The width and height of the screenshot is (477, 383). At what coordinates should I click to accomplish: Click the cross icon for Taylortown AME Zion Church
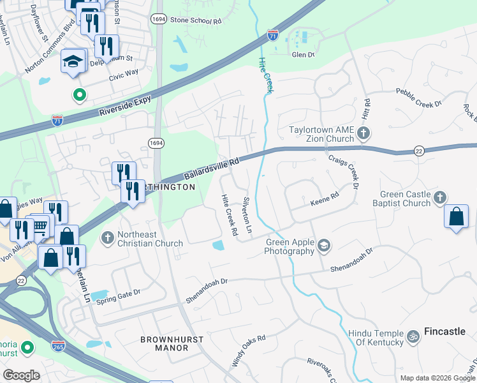tap(363, 133)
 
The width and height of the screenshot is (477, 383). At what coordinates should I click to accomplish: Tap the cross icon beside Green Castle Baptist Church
tap(439, 199)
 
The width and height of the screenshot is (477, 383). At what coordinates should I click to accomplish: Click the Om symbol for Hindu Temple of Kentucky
tap(413, 334)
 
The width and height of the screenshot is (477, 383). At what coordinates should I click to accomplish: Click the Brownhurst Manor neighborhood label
tap(164, 343)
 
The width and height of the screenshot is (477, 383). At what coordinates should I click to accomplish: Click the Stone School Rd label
tap(195, 21)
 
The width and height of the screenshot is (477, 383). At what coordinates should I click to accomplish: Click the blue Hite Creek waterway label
tap(265, 75)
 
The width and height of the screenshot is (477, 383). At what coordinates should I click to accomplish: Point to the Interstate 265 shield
tap(58, 345)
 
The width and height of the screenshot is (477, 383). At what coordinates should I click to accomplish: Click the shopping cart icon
tap(40, 225)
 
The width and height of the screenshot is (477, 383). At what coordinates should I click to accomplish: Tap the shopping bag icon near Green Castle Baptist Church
tap(457, 216)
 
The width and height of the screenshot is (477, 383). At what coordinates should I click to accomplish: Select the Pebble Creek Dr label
tap(418, 104)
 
